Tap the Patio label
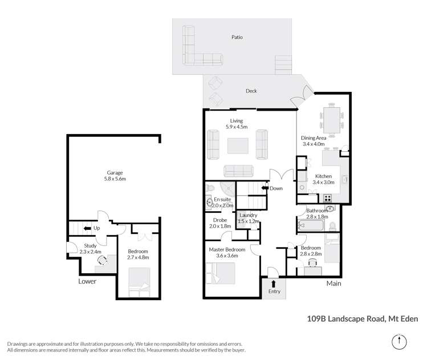pos(237,37)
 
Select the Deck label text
pos(251,91)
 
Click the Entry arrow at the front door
pos(274,283)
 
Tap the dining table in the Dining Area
pos(331,117)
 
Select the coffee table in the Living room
pos(237,147)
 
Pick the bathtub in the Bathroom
pos(310,226)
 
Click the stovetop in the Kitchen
pos(328,199)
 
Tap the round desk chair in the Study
pos(104,260)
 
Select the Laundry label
pos(249,215)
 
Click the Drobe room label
pos(220,220)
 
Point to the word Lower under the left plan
pos(87,281)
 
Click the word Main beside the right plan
pos(333,283)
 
